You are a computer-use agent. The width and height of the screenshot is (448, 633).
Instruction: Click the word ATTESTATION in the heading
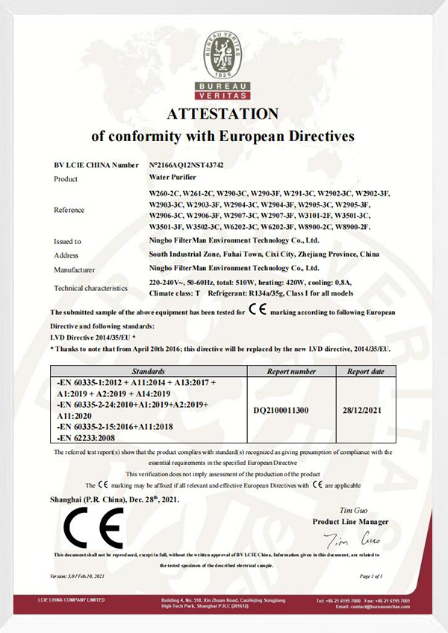click(x=222, y=114)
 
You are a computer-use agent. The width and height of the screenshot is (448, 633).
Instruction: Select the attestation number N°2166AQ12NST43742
click(x=187, y=164)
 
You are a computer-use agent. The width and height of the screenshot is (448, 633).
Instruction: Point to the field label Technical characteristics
click(x=90, y=288)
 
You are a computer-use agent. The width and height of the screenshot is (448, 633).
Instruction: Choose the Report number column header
click(x=290, y=370)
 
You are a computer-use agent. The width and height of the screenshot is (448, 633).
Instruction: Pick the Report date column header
click(x=365, y=370)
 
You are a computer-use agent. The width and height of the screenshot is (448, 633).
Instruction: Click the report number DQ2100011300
click(x=287, y=410)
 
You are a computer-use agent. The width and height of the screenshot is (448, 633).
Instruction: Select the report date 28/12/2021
click(x=365, y=410)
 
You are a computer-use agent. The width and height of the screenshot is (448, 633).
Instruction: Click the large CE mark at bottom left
click(x=93, y=528)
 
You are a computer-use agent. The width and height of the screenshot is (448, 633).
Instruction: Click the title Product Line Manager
click(x=350, y=521)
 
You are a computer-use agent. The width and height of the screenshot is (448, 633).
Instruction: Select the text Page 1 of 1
click(x=370, y=576)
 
